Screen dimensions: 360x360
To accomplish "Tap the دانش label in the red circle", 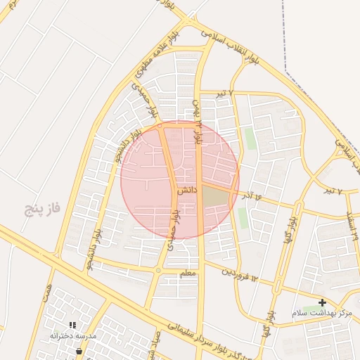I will pos(186,190).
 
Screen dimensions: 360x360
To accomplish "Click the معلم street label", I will pos(188,274).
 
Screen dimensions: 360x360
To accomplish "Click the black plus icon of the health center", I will pos(322,302).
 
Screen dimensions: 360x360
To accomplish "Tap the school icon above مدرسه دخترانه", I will pos(72,325).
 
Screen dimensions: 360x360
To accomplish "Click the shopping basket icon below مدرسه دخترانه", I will pos(79,349).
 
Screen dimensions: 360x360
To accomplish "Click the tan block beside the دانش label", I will pos(216,198).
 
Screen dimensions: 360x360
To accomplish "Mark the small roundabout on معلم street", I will pos(159,270).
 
